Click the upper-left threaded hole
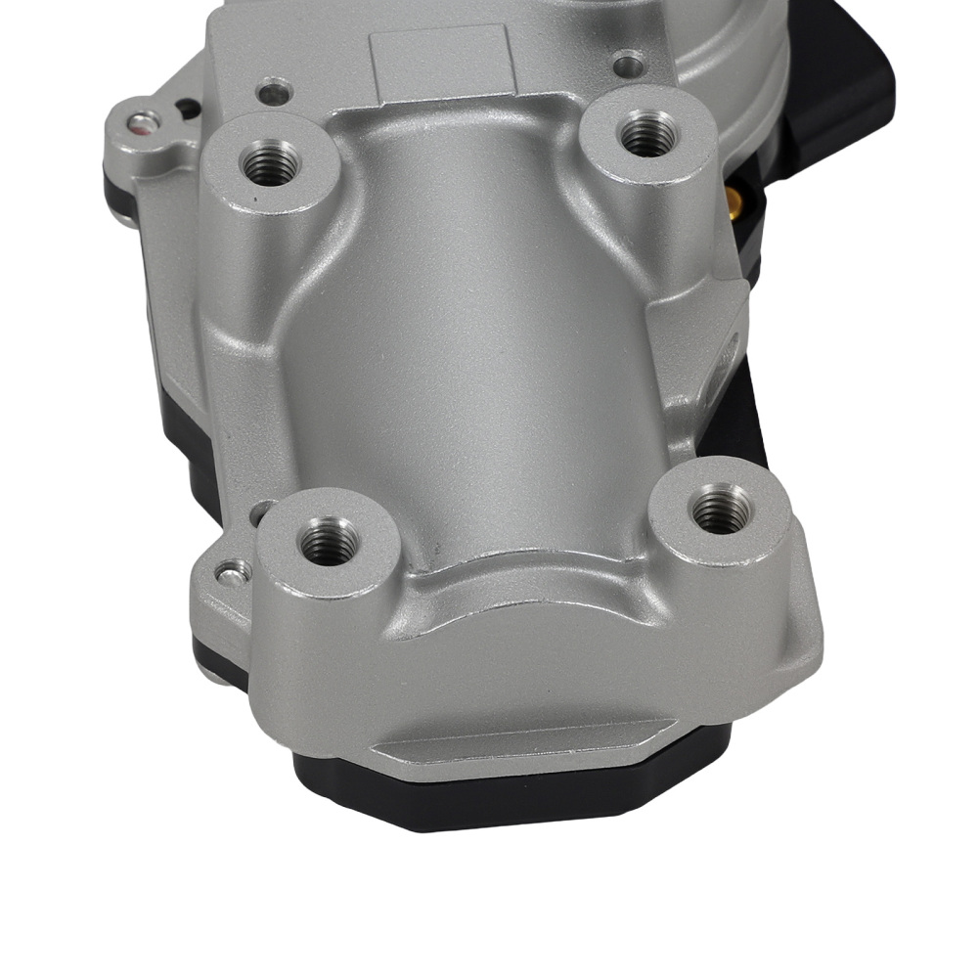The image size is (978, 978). (x=270, y=161)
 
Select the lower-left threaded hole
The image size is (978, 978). (x=328, y=541)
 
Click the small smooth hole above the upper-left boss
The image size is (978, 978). (x=273, y=95)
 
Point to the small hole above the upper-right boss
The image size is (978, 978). (x=627, y=67)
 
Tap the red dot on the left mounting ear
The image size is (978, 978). (x=145, y=124)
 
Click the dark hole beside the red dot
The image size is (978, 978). (x=186, y=109)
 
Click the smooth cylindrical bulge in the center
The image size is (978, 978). (x=460, y=333)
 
